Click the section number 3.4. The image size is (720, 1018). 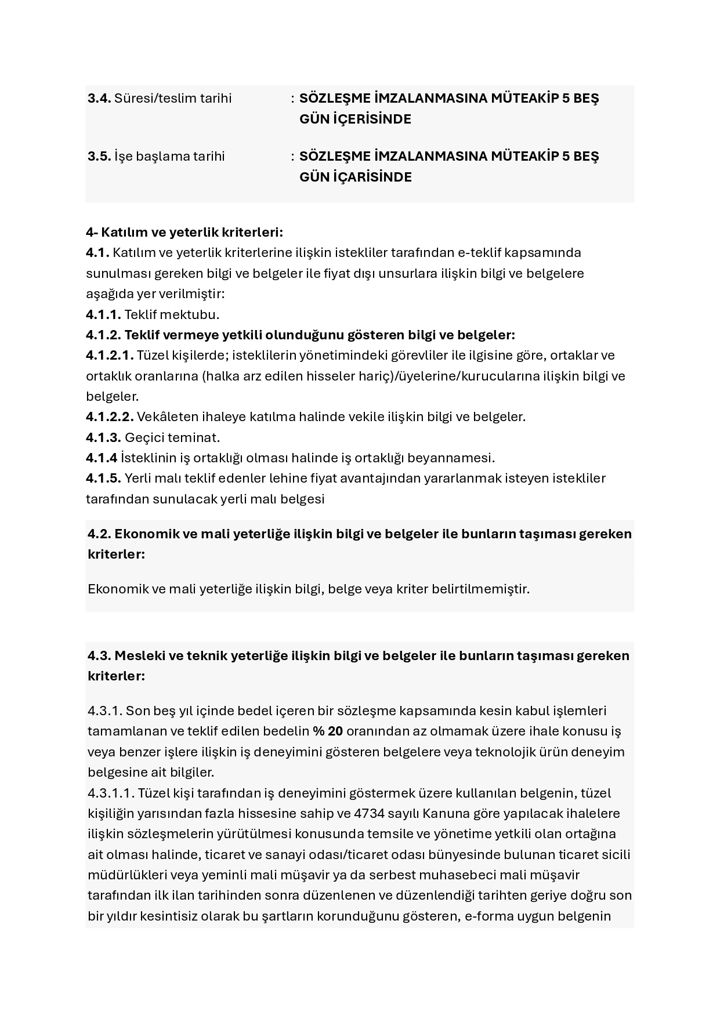pos(99,98)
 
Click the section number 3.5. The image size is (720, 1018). pos(99,156)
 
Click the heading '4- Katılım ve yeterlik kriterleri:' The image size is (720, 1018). pos(184,232)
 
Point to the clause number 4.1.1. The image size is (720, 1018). pos(103,314)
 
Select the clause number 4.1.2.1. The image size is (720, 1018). pos(110,355)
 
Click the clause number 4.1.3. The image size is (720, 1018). pos(103,437)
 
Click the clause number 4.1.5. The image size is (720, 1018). pos(103,478)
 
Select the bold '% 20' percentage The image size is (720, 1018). pos(327,731)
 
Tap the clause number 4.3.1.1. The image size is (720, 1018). pos(111,792)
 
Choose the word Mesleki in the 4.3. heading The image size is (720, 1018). pos(139,655)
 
